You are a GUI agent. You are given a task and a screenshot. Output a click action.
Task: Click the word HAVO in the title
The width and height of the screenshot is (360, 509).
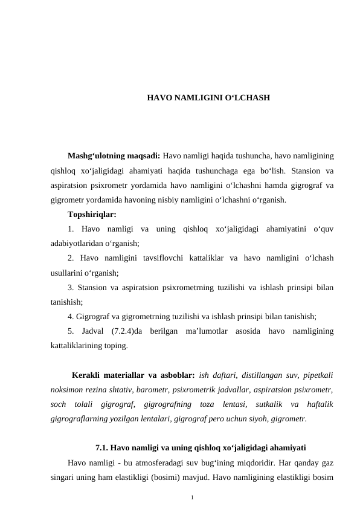point(158,97)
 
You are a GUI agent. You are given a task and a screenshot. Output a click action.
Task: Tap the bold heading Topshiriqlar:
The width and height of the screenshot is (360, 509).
point(92,214)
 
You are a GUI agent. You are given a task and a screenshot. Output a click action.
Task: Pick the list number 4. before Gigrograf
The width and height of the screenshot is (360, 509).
point(71,316)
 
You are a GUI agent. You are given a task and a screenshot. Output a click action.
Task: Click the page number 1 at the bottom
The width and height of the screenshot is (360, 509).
point(191,498)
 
